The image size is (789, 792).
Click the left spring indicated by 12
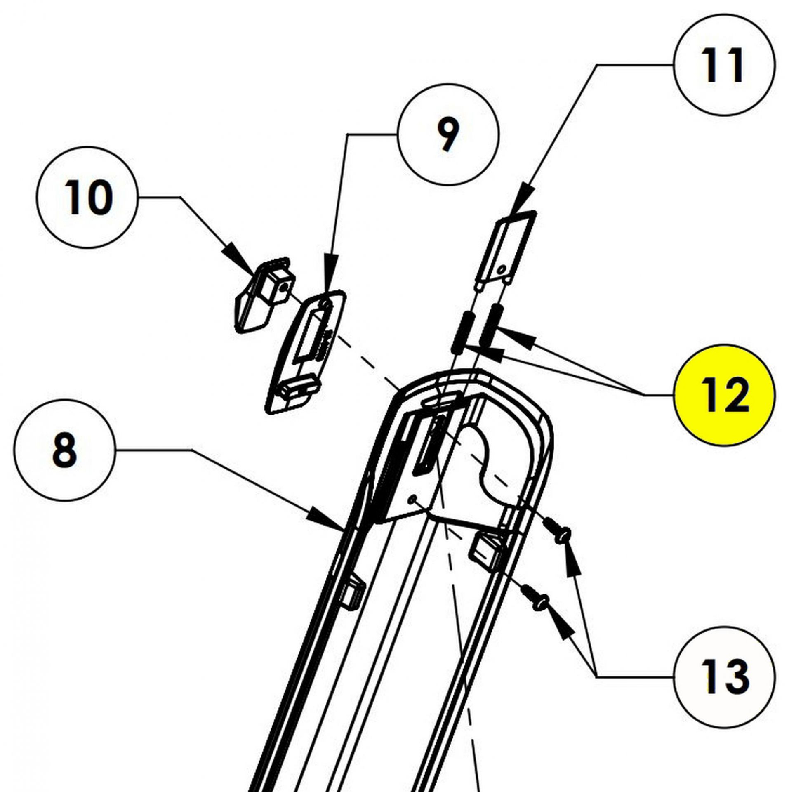[461, 332]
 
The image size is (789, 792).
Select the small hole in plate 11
[501, 270]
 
